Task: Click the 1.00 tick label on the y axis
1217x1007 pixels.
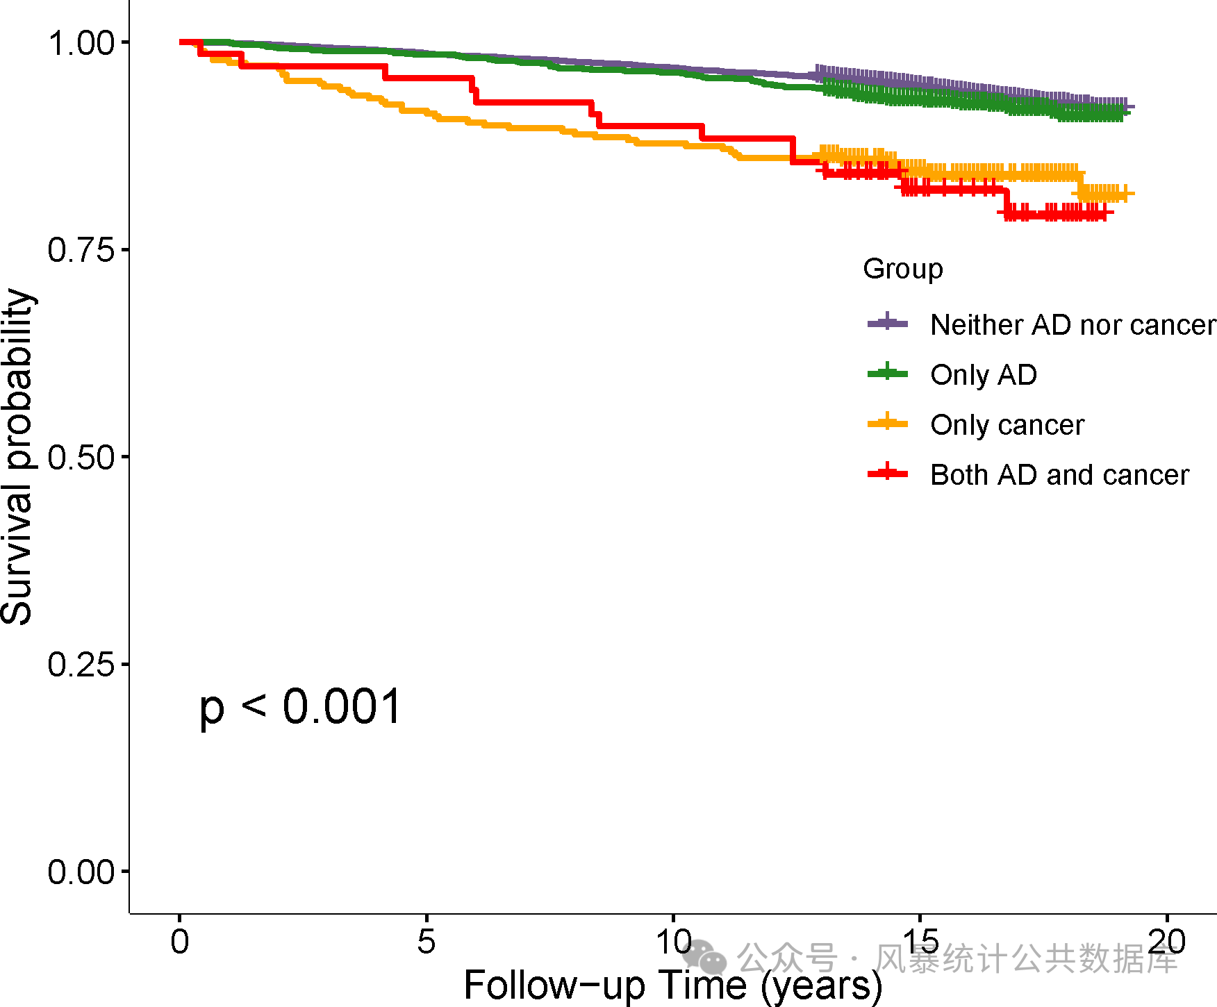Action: click(81, 43)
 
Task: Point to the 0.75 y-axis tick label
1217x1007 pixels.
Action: click(81, 250)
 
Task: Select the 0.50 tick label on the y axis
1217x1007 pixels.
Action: click(81, 458)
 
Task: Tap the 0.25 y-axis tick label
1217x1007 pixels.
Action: click(81, 665)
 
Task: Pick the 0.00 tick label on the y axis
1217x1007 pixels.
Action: click(81, 872)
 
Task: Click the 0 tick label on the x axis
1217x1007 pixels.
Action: click(180, 942)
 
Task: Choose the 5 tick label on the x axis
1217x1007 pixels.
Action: click(427, 942)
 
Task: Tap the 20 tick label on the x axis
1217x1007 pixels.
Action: click(1166, 942)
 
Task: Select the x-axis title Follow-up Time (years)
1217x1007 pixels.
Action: click(672, 985)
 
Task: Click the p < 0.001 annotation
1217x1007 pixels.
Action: click(300, 707)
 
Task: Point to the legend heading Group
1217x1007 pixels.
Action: click(903, 269)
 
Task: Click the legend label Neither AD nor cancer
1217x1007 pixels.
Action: click(1073, 324)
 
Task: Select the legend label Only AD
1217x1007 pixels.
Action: click(984, 374)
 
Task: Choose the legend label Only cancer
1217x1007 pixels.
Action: click(1007, 424)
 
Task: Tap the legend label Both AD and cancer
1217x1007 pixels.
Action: click(1059, 475)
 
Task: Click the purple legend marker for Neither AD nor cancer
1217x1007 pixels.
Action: click(888, 323)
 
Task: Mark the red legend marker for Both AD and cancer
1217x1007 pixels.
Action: click(888, 474)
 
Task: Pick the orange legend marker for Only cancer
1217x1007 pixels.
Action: click(888, 424)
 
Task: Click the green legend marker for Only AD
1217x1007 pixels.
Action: click(888, 374)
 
